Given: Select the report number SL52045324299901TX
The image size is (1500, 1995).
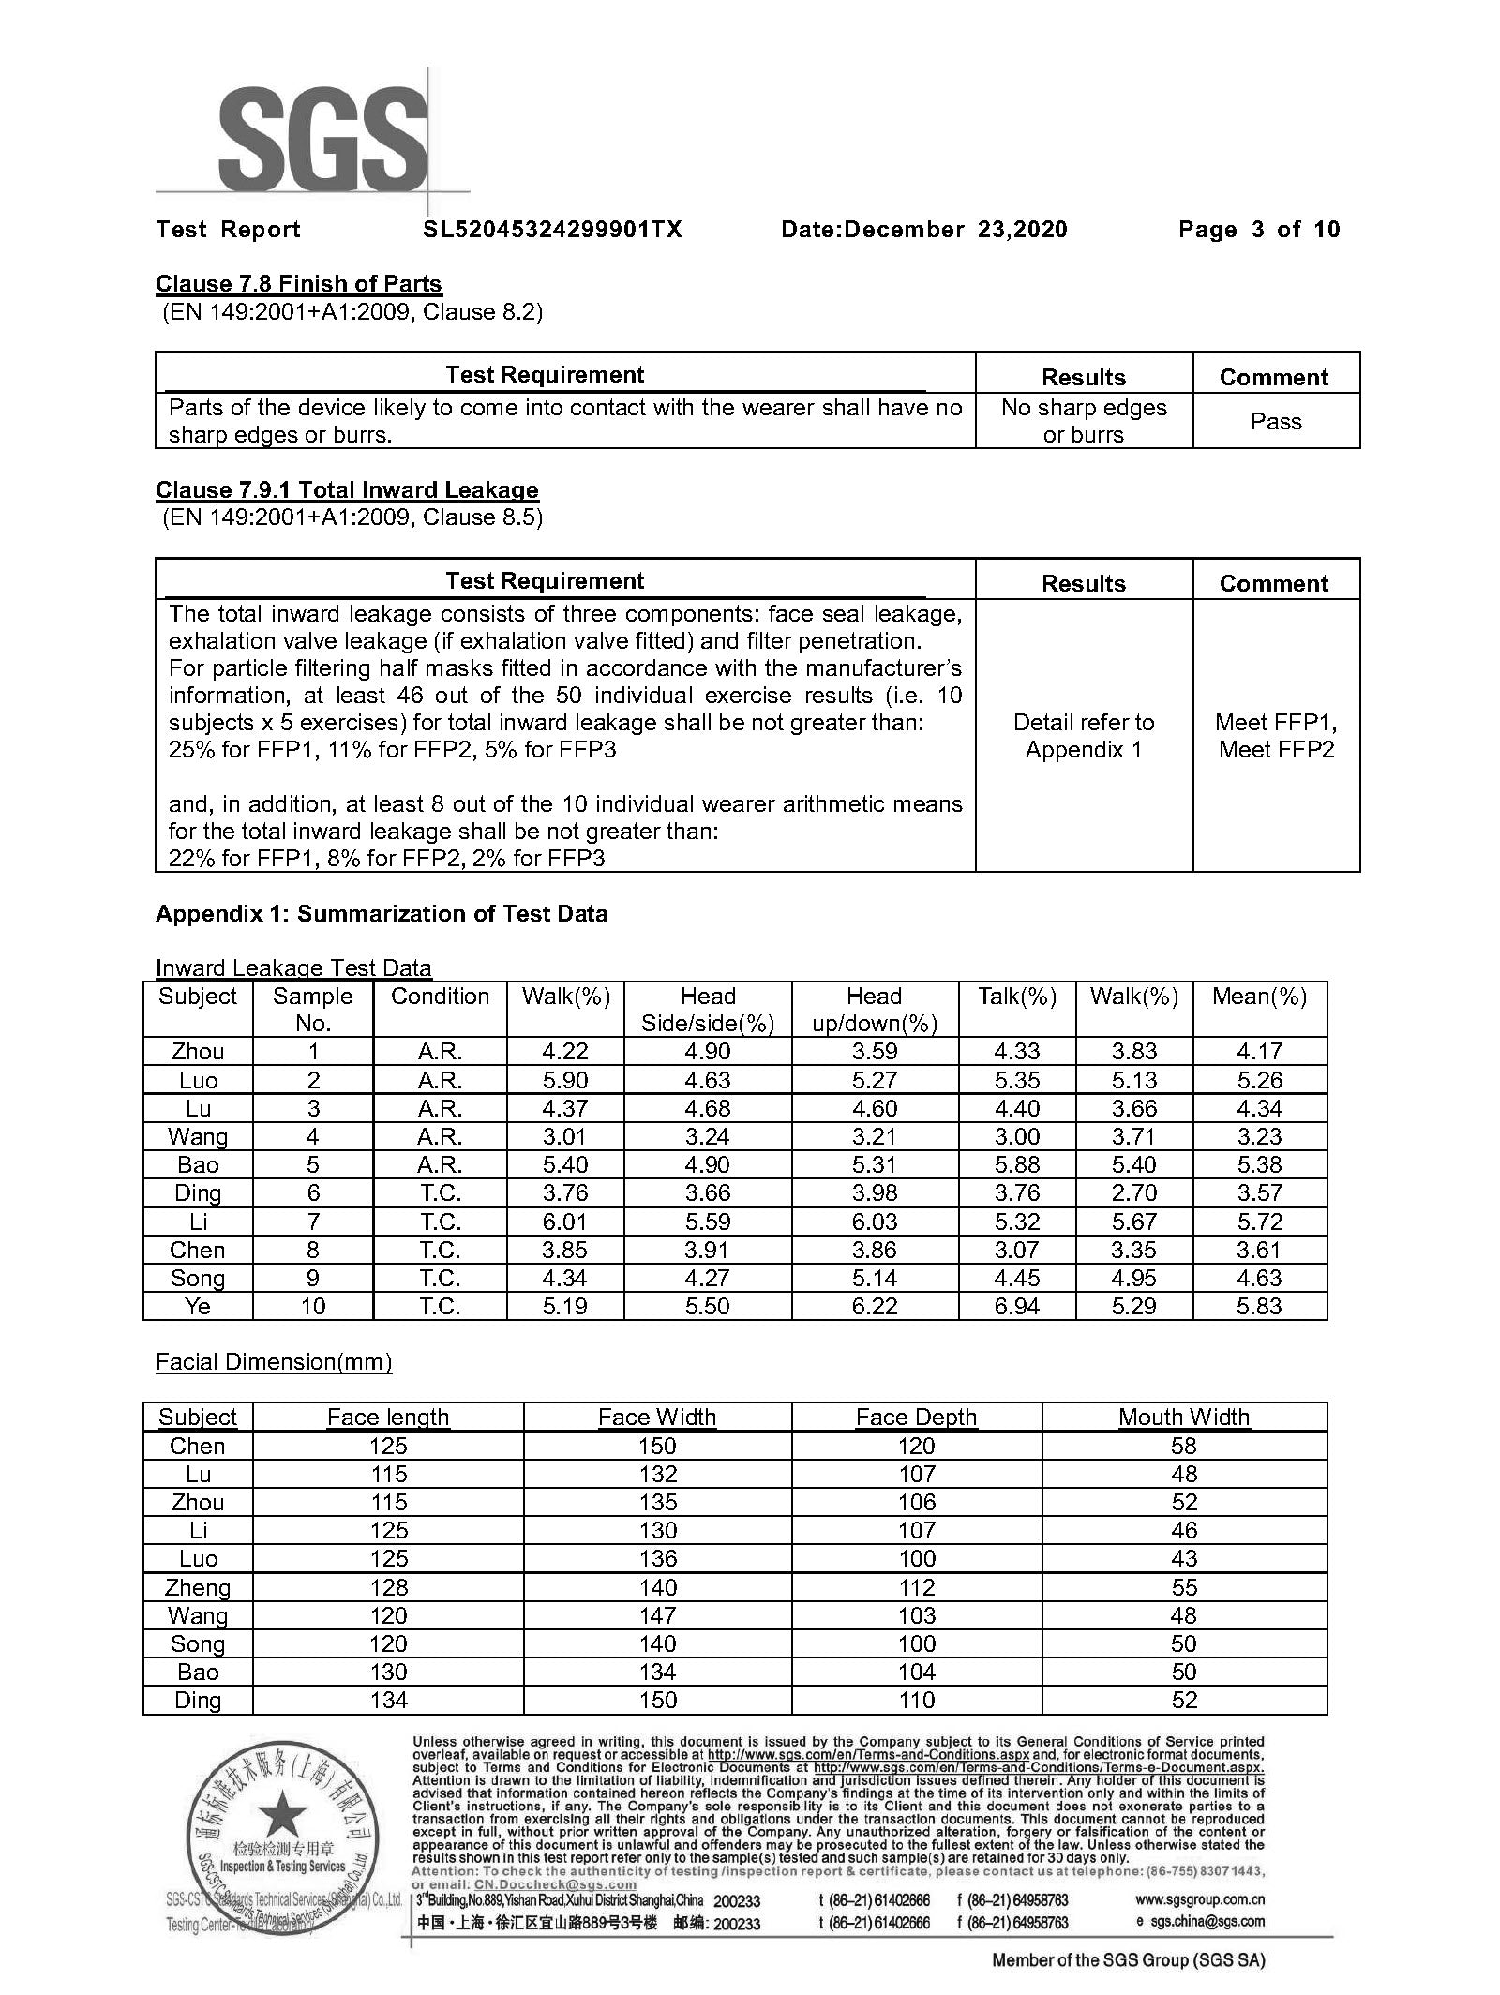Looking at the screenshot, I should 552,230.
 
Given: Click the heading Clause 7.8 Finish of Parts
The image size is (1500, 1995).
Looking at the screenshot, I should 298,283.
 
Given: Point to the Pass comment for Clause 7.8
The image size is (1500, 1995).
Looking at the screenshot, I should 1275,421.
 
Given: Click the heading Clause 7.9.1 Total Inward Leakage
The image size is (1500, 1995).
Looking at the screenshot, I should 347,489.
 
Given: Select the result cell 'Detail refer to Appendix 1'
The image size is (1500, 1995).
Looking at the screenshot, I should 1083,735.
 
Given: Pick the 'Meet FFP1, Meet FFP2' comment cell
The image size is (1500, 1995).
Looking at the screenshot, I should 1275,735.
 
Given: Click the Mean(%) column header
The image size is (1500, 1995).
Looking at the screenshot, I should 1258,996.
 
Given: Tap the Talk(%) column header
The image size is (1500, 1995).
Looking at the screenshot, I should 1017,996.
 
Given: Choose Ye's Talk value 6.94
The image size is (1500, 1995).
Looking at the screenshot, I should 1017,1306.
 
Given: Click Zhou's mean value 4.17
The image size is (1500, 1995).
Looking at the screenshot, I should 1258,1051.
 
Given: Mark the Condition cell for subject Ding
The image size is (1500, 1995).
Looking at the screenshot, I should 439,1192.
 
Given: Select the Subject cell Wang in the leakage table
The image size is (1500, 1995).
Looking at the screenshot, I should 198,1136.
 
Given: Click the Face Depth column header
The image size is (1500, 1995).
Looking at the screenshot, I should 916,1417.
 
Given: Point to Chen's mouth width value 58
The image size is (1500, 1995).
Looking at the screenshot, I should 1184,1446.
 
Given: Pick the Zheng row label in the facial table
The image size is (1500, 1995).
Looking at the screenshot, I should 198,1587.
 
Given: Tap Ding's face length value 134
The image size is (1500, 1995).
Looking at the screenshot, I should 388,1700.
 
